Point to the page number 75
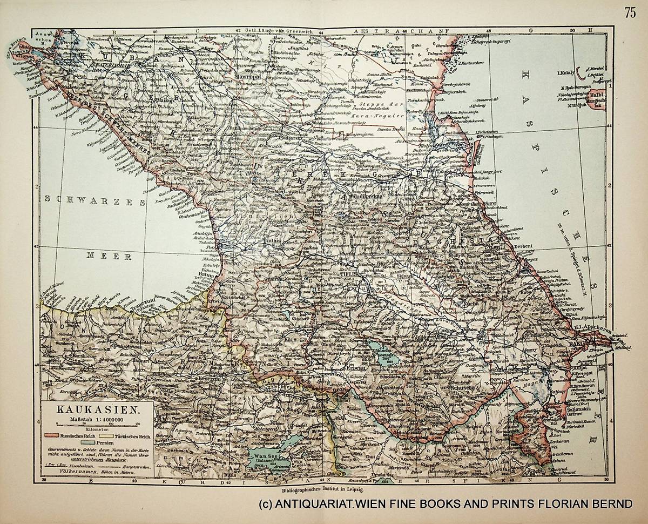[630, 13]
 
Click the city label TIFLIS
[348, 274]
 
